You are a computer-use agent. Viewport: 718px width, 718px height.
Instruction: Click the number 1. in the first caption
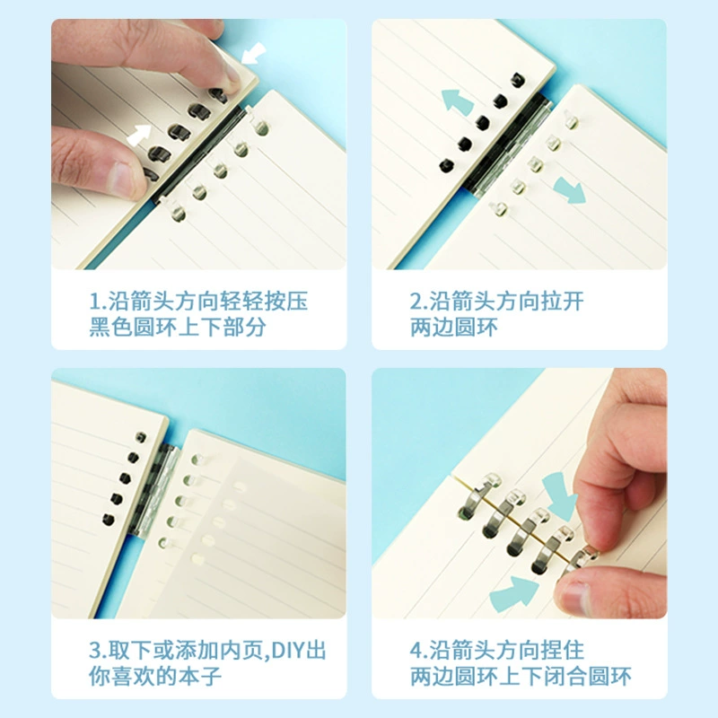(x=98, y=302)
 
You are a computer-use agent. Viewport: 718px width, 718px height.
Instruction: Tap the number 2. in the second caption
(x=418, y=302)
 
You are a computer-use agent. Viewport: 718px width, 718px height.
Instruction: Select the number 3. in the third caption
(x=98, y=650)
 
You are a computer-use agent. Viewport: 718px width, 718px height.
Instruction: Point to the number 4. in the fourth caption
(x=418, y=650)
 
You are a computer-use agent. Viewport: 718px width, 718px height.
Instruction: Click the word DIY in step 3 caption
(x=286, y=650)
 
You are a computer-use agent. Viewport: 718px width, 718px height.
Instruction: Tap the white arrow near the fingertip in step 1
(x=253, y=53)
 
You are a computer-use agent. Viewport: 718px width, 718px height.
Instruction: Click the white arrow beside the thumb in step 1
(x=139, y=136)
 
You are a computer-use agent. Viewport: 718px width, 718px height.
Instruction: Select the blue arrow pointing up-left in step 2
(x=457, y=101)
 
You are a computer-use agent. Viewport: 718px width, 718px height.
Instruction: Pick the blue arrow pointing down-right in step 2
(x=570, y=190)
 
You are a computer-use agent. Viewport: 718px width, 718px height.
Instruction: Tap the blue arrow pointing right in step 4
(x=513, y=593)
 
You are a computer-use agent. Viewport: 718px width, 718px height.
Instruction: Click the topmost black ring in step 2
(x=518, y=80)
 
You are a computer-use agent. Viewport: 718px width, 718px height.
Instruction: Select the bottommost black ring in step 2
(x=446, y=165)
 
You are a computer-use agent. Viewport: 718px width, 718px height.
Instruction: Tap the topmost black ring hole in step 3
(x=141, y=437)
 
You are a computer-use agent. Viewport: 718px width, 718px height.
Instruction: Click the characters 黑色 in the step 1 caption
(x=109, y=327)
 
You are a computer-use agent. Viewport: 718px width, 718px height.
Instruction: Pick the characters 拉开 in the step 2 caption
(x=563, y=302)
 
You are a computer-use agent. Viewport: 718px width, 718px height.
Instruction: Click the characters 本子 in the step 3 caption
(x=200, y=676)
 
